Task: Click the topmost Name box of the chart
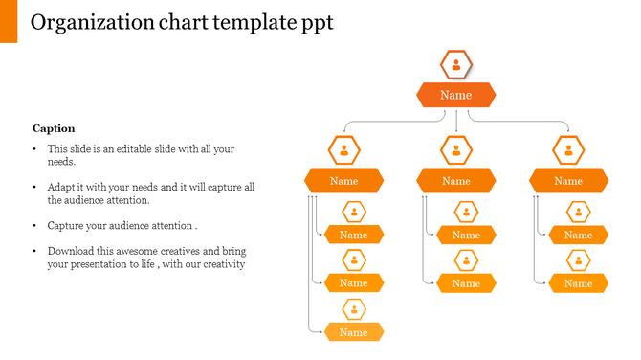456,95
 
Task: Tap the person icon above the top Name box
456,65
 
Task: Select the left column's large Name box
343,180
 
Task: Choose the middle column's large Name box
456,180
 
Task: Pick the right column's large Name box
568,180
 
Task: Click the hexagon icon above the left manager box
343,150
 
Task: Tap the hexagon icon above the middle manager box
456,150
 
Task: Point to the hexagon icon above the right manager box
568,150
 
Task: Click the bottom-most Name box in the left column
354,332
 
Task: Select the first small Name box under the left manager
354,235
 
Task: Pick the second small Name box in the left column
354,282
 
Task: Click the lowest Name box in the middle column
466,283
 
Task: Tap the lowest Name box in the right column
578,283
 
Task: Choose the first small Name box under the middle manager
466,235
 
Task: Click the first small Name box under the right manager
578,235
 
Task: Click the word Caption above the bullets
54,128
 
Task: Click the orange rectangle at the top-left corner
9,20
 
